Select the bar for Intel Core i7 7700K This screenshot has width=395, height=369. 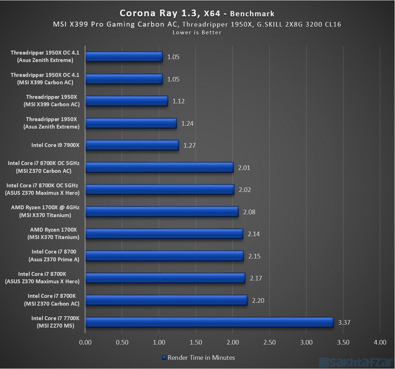pyautogui.click(x=209, y=322)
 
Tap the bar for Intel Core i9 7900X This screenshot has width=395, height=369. pyautogui.click(x=132, y=145)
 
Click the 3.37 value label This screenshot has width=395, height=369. pyautogui.click(x=344, y=322)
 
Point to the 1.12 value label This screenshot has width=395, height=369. pyautogui.click(x=179, y=101)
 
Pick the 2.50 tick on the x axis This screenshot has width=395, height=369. pyautogui.click(x=269, y=342)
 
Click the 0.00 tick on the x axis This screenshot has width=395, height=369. pyautogui.click(x=85, y=342)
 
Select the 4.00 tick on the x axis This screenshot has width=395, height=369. pyautogui.click(x=380, y=342)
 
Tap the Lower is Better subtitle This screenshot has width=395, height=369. pyautogui.click(x=197, y=33)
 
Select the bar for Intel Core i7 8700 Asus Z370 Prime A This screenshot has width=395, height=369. pyautogui.click(x=164, y=256)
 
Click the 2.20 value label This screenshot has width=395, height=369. pyautogui.click(x=258, y=300)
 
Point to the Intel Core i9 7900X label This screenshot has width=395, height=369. pyautogui.click(x=55, y=145)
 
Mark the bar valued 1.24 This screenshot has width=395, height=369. pyautogui.click(x=131, y=123)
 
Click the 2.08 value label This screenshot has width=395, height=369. pyautogui.click(x=249, y=212)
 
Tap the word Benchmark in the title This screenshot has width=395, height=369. pyautogui.click(x=252, y=14)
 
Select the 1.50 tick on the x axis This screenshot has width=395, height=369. pyautogui.click(x=196, y=342)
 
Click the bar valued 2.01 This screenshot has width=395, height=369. pyautogui.click(x=159, y=167)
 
